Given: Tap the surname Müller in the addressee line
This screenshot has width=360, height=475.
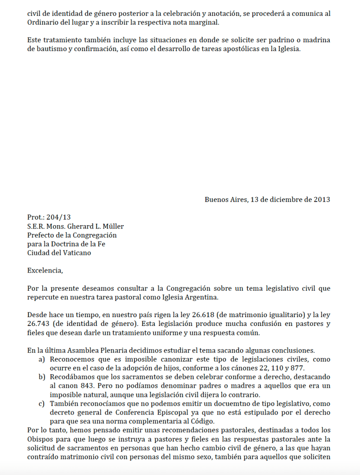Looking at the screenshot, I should pos(112,226).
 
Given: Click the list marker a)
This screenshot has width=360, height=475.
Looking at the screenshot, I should pos(42,359).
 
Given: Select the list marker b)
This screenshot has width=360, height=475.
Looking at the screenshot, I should pos(42,377).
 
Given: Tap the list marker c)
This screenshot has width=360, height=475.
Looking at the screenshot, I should pos(42,403).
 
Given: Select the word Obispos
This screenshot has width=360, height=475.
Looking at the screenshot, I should pos(40,439).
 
